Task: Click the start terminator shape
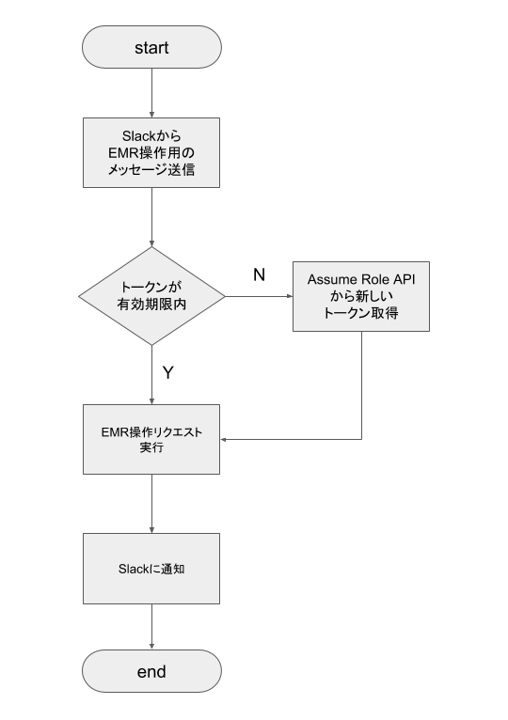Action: [x=151, y=47]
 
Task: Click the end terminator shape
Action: [x=151, y=671]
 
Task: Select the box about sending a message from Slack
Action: [x=151, y=152]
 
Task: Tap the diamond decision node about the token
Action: [x=151, y=296]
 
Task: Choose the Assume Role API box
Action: [x=361, y=296]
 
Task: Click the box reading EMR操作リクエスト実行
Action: [x=151, y=440]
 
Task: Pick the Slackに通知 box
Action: [x=151, y=569]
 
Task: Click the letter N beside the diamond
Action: [x=260, y=274]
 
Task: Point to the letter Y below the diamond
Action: [x=168, y=372]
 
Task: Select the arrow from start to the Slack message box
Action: [x=151, y=93]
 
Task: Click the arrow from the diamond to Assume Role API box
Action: [x=259, y=296]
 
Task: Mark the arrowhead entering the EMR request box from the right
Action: [x=223, y=440]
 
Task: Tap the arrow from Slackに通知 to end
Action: [x=151, y=627]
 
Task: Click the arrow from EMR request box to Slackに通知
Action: [x=151, y=504]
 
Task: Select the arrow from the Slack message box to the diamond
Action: [x=151, y=217]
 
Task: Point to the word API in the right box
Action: [x=405, y=280]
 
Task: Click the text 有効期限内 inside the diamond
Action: [x=151, y=305]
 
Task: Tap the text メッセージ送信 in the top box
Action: [x=151, y=170]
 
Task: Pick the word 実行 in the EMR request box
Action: [x=151, y=447]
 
